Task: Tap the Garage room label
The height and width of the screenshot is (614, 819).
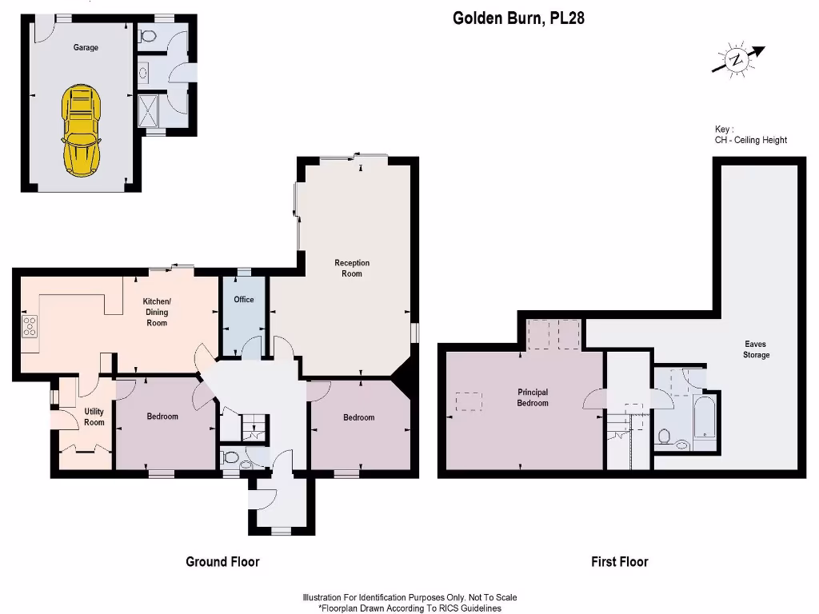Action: pos(86,48)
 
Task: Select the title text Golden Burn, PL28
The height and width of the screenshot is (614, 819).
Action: pos(518,18)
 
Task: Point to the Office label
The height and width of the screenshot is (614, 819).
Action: pos(244,300)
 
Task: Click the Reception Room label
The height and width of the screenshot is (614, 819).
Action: pos(352,269)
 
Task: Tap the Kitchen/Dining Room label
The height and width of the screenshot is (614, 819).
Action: pos(156,312)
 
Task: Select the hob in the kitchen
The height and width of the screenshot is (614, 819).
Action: pos(30,325)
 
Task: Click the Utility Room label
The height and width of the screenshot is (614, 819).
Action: pos(94,417)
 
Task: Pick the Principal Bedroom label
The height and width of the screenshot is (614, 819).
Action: pos(533,398)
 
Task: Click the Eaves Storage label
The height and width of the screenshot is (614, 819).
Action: pos(756,350)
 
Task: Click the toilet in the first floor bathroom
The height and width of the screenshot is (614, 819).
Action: pos(665,436)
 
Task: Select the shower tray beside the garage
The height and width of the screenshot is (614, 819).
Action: pos(149,108)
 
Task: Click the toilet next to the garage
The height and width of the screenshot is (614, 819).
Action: pos(147,36)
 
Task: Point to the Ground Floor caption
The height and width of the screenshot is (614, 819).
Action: pos(222,562)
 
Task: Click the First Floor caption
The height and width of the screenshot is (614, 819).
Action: pos(619,562)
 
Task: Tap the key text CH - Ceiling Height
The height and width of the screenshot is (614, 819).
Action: pos(750,140)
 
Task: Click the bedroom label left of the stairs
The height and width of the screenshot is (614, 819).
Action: pos(162,417)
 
